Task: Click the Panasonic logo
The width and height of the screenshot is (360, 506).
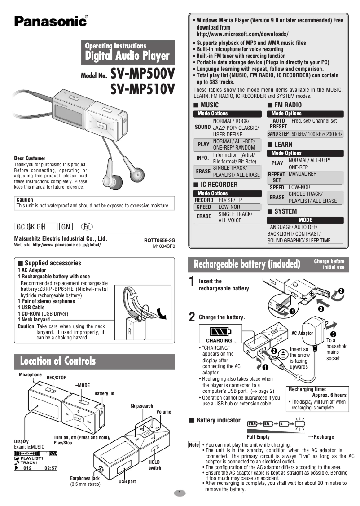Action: pos(51,21)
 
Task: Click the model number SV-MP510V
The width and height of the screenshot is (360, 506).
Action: pos(142,89)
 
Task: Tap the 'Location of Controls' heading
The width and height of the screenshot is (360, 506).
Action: pos(57,361)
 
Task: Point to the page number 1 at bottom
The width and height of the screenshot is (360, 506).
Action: pos(180,493)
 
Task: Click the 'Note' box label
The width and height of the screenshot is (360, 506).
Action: pos(193,444)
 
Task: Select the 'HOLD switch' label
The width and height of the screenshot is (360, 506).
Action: pos(154,465)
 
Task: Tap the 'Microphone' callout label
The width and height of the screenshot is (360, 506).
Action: pos(30,374)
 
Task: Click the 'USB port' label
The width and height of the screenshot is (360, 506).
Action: pos(127,481)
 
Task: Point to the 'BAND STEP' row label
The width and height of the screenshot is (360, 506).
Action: pos(278,134)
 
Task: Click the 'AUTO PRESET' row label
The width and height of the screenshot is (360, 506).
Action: pos(278,124)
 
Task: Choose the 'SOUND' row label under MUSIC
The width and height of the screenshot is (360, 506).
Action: pos(202,128)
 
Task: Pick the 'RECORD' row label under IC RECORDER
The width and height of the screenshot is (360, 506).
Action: pos(204,200)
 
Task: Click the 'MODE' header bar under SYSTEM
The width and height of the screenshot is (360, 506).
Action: pos(305,220)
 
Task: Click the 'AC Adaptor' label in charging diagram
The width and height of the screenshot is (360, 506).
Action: pos(302,333)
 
